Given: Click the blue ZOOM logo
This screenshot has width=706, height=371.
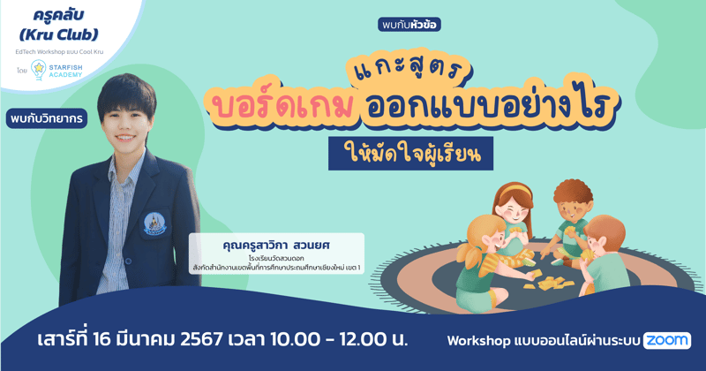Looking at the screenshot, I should tap(666, 340).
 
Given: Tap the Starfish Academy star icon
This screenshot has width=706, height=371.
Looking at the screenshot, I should tap(40, 69).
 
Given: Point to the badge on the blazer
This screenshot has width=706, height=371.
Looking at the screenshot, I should tap(155, 222).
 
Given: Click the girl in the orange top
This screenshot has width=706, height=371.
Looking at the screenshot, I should tap(511, 212).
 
